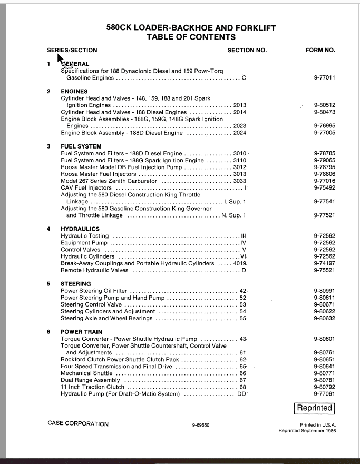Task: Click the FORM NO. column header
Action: click(320, 51)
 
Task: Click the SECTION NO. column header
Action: click(247, 51)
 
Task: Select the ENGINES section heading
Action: click(74, 92)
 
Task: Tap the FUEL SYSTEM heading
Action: click(81, 146)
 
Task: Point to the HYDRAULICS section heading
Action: click(80, 229)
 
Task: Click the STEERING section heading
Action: click(76, 284)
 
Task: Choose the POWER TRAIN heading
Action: click(82, 332)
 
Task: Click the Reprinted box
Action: click(314, 408)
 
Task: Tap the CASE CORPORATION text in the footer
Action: click(78, 424)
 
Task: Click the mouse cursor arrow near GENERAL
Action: click(60, 58)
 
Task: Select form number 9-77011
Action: click(324, 78)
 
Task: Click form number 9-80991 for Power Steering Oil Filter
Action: click(324, 291)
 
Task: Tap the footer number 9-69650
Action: click(201, 425)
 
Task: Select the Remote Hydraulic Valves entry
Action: click(94, 270)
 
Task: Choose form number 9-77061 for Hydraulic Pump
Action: click(324, 394)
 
